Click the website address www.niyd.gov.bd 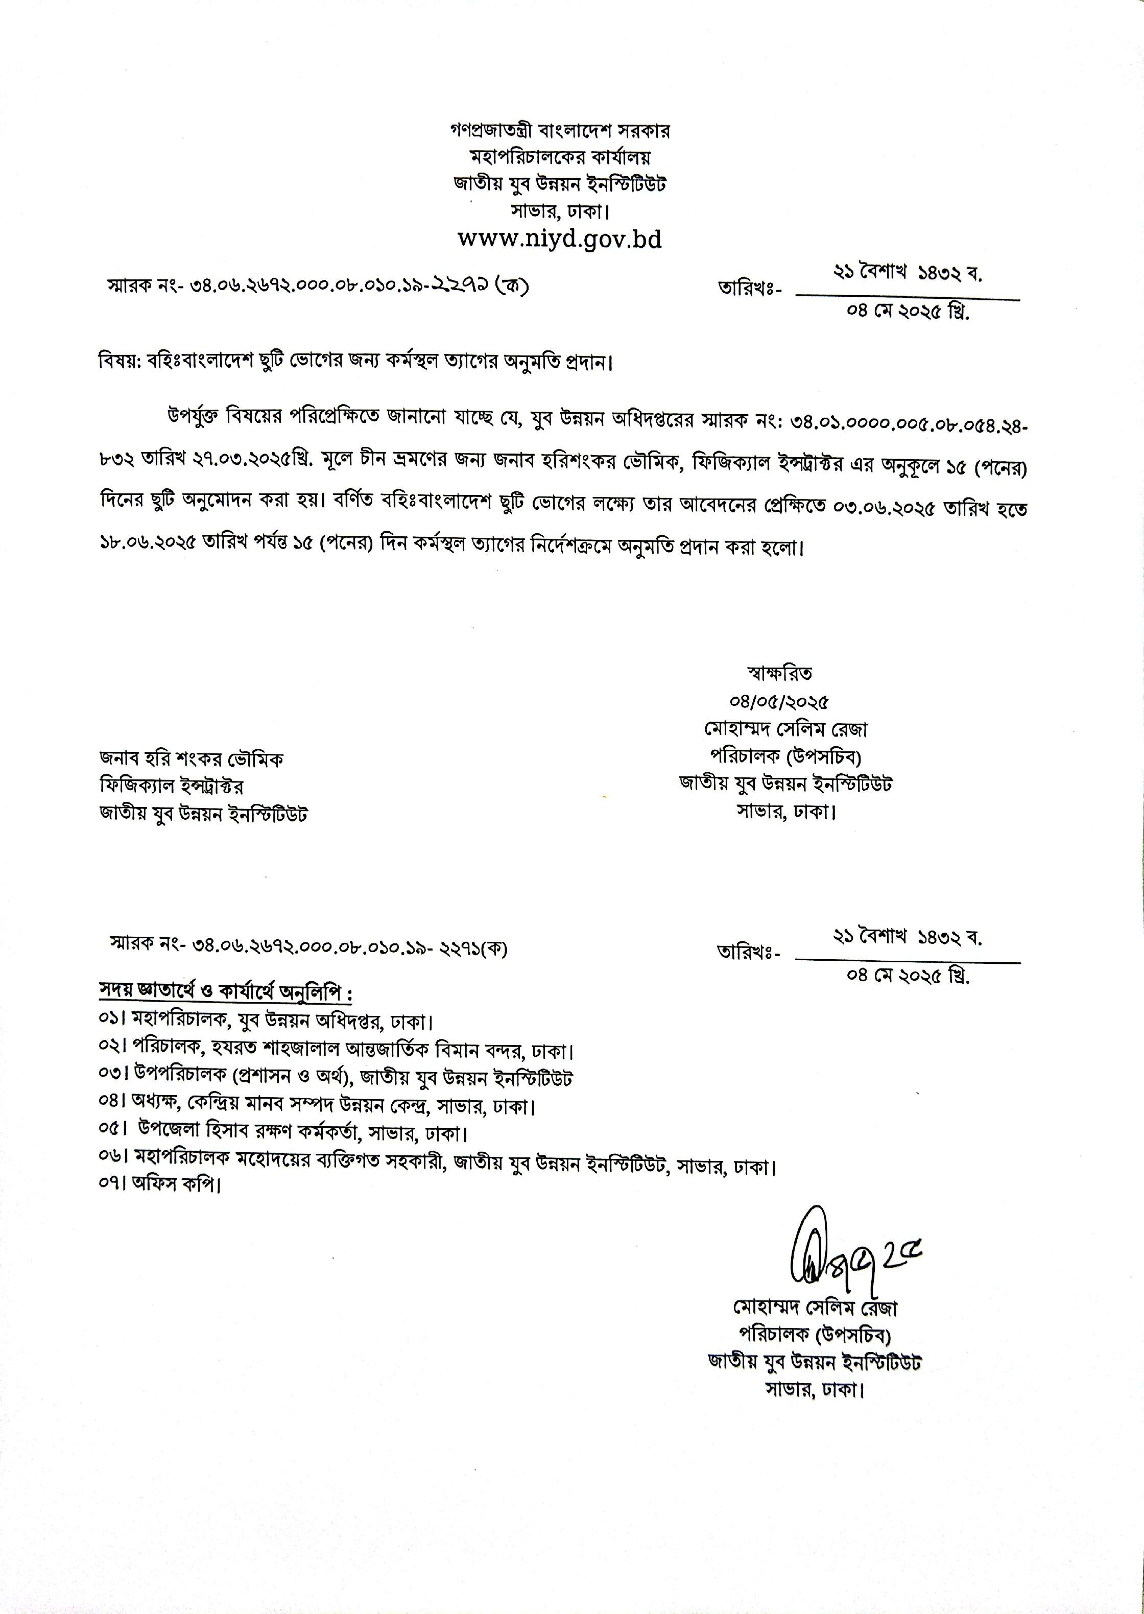[560, 240]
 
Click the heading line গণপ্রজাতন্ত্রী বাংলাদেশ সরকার [560, 131]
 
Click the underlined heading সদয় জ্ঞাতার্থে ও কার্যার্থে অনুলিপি [225, 992]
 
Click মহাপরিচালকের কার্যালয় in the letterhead [560, 157]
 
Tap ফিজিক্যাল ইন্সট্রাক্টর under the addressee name [172, 786]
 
